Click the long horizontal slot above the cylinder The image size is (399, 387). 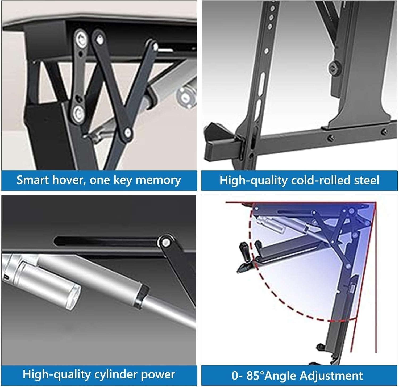(106, 241)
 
